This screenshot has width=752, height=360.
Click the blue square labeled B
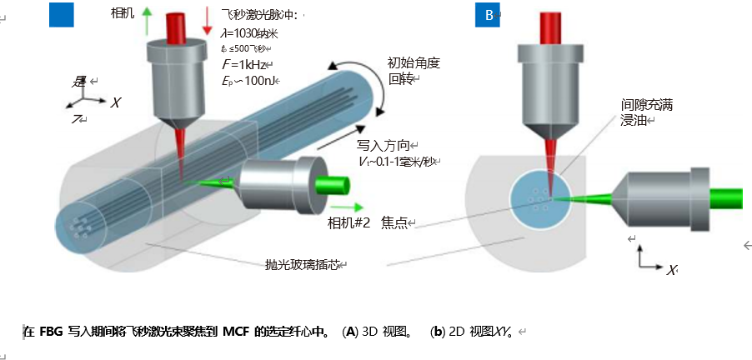pos(488,14)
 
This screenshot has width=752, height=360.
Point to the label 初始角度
pos(413,62)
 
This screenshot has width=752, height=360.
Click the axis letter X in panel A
pos(116,102)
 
